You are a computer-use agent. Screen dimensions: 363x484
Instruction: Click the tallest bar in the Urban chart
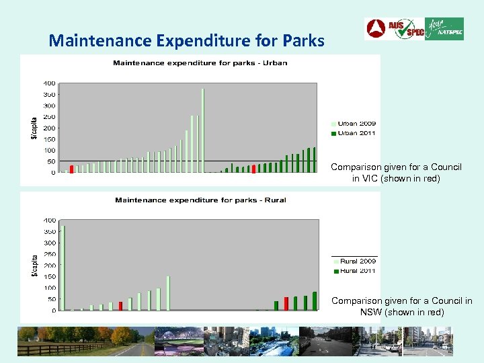[x=202, y=131]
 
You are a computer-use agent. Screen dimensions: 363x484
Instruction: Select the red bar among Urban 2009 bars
[x=72, y=169]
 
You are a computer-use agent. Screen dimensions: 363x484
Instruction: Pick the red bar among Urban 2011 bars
[x=253, y=169]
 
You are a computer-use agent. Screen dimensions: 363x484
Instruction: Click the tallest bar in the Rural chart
[x=63, y=268]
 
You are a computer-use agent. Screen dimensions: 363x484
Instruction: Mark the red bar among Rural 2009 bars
[x=120, y=306]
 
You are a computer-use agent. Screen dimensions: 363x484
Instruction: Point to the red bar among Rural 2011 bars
[x=286, y=303]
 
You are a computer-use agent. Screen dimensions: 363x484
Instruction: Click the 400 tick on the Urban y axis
[x=49, y=83]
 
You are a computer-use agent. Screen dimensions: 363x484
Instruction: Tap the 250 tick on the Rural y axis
[x=49, y=254]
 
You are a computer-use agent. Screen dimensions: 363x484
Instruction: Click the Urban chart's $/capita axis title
[x=34, y=127]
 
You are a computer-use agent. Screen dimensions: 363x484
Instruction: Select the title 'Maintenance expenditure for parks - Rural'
[x=200, y=200]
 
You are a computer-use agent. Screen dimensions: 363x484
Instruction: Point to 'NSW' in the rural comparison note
[x=372, y=313]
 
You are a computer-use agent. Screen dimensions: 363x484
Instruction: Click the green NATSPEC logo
[x=444, y=29]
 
